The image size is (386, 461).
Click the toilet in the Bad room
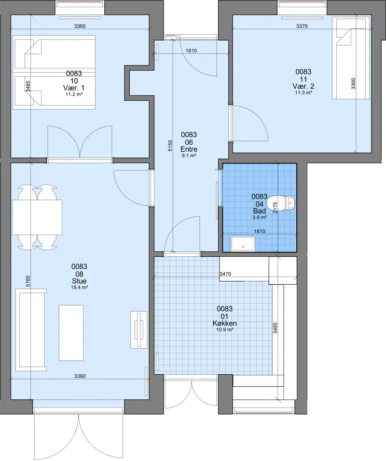281,203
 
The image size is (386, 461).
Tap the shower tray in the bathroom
243,243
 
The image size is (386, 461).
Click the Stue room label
80,281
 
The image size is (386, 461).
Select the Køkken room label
225,323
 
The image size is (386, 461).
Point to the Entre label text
189,149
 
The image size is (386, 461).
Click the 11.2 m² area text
74,94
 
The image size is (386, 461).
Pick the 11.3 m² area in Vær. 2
303,92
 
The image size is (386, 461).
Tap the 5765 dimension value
28,281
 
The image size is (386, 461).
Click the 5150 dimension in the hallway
170,146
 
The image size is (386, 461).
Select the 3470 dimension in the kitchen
225,274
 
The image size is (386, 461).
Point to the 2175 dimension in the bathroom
276,208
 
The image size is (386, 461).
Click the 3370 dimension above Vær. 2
302,26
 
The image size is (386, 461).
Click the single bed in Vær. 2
351,58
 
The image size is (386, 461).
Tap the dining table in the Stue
37,217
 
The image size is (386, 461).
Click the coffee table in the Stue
71,333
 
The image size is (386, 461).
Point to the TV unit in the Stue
139,330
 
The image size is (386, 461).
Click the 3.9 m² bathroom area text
260,218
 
